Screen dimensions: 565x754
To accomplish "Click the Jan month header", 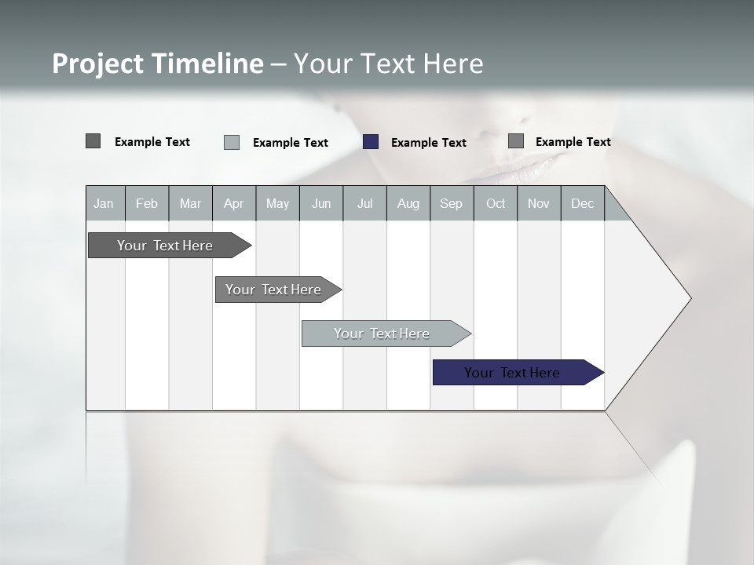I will [104, 203].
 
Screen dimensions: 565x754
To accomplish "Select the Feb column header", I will [147, 203].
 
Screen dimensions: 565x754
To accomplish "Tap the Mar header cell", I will [190, 203].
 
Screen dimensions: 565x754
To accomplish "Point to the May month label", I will [277, 203].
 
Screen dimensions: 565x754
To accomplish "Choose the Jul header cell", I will [364, 203].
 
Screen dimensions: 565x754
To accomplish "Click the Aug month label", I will [408, 203].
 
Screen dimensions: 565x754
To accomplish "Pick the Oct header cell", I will [496, 203].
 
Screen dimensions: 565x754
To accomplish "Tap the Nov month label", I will [539, 203].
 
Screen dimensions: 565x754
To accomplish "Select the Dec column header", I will [582, 203].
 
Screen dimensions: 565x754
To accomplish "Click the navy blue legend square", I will [371, 142].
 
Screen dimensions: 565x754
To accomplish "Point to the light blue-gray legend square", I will [232, 142].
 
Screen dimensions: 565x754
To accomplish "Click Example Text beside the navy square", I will [428, 143].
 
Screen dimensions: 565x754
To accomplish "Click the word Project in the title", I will [98, 64].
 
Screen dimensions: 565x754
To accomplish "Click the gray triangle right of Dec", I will [615, 210].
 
